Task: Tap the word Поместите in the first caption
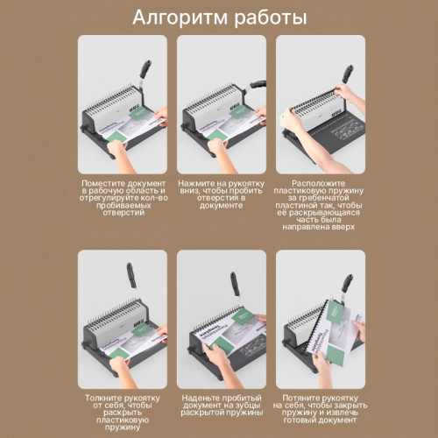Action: (100, 182)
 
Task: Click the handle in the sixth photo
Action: (347, 286)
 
